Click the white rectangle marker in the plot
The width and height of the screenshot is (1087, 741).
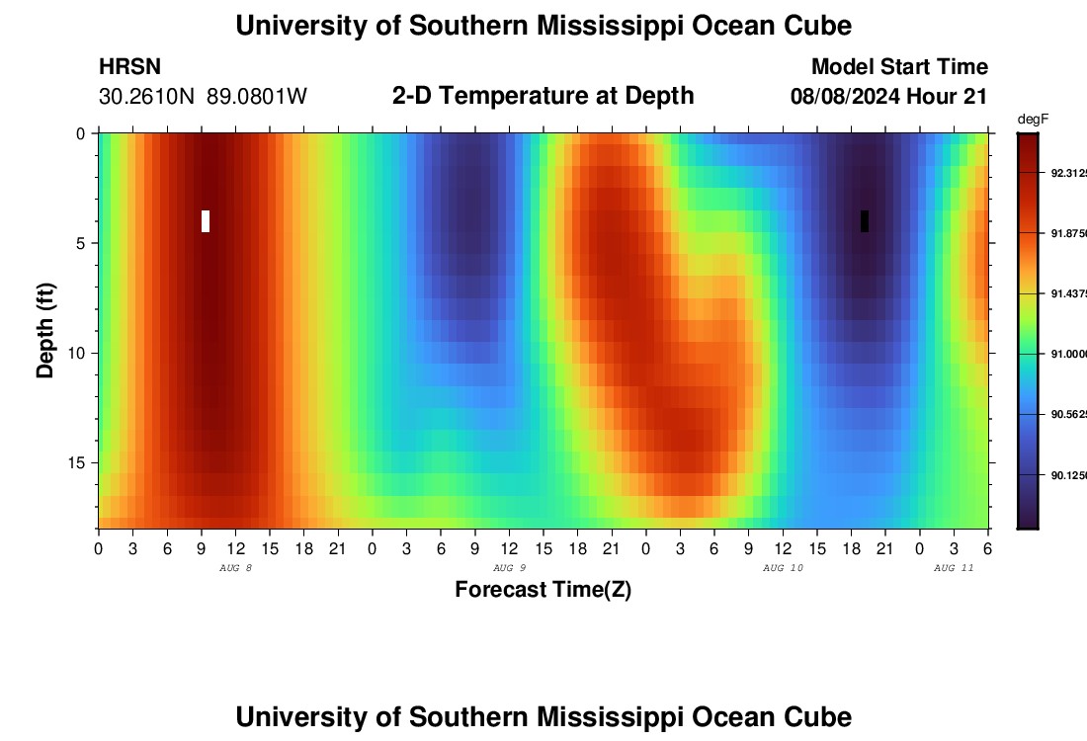pos(206,221)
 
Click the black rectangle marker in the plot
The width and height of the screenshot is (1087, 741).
pos(865,221)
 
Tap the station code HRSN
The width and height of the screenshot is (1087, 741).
pos(129,67)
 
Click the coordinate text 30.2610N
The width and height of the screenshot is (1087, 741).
pos(147,97)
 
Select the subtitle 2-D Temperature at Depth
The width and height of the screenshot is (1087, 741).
pos(543,96)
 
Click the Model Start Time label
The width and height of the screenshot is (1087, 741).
pos(899,67)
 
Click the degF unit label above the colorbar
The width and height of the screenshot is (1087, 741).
pos(1033,120)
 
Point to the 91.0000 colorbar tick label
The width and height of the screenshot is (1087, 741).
pos(1067,353)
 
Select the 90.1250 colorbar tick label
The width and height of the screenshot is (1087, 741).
pos(1067,475)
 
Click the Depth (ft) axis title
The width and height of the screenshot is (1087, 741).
pos(45,329)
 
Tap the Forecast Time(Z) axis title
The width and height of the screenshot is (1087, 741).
pos(543,590)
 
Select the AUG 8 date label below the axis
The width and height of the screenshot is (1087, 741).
pos(235,568)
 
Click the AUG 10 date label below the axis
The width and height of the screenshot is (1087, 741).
pos(783,568)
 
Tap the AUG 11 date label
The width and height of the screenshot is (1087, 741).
pos(954,568)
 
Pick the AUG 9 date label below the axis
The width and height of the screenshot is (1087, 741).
pos(509,568)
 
